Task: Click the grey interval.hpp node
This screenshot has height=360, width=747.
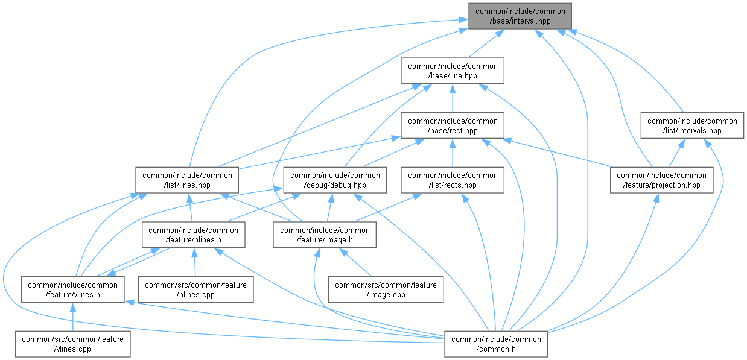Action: click(520, 16)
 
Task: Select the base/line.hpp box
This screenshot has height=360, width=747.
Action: click(453, 71)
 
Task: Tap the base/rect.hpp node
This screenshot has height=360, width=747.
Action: click(453, 126)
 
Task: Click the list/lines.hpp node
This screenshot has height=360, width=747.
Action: click(187, 180)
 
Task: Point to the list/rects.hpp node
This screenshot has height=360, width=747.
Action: click(453, 180)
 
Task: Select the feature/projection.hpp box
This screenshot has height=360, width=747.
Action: click(662, 180)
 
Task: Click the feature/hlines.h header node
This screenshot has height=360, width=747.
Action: click(193, 235)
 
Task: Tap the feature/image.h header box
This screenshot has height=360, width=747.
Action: click(325, 235)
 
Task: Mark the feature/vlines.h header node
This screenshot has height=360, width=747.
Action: click(73, 290)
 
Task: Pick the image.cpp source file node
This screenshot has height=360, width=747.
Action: click(385, 290)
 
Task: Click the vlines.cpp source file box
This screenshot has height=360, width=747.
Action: click(72, 344)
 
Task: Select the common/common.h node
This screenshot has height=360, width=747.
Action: click(496, 344)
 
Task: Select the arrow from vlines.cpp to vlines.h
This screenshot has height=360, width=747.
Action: click(72, 317)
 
